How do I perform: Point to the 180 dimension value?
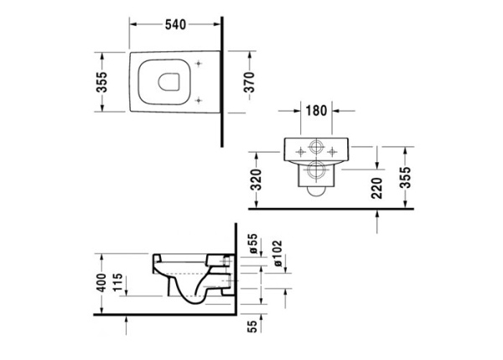point(315,111)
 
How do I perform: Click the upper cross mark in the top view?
point(198,65)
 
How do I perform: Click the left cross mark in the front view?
point(297,152)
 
